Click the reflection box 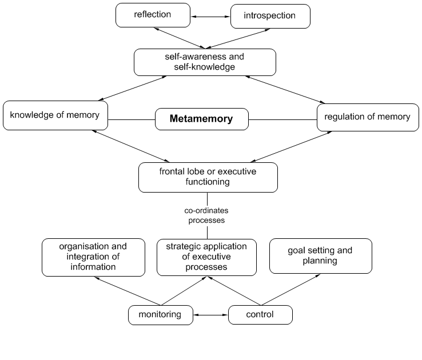click(152, 15)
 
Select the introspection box click(270, 16)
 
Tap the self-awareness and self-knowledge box click(205, 62)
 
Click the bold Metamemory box click(202, 119)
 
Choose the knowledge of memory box click(55, 115)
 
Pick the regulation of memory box click(368, 117)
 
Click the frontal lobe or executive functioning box click(208, 177)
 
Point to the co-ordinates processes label click(206, 215)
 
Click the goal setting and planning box click(320, 255)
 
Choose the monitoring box click(160, 314)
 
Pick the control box click(260, 314)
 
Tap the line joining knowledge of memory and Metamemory click(131, 119)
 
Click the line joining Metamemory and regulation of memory click(282, 119)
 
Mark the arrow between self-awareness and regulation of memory click(284, 90)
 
